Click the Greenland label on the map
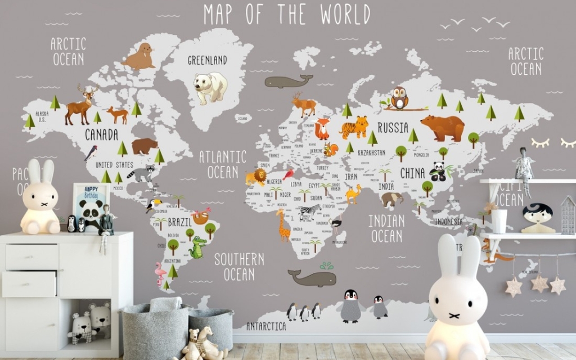click(207, 60)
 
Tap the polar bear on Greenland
click(210, 87)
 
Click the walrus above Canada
click(139, 57)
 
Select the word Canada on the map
click(101, 134)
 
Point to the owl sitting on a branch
click(399, 98)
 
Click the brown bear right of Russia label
click(443, 128)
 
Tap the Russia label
click(393, 128)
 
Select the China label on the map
click(412, 173)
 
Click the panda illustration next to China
click(438, 172)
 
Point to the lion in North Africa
click(256, 177)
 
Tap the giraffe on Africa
click(283, 224)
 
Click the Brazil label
click(180, 222)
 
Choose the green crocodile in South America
click(198, 247)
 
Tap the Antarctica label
click(266, 326)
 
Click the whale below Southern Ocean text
click(312, 277)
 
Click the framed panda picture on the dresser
click(91, 206)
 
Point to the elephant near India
click(392, 199)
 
